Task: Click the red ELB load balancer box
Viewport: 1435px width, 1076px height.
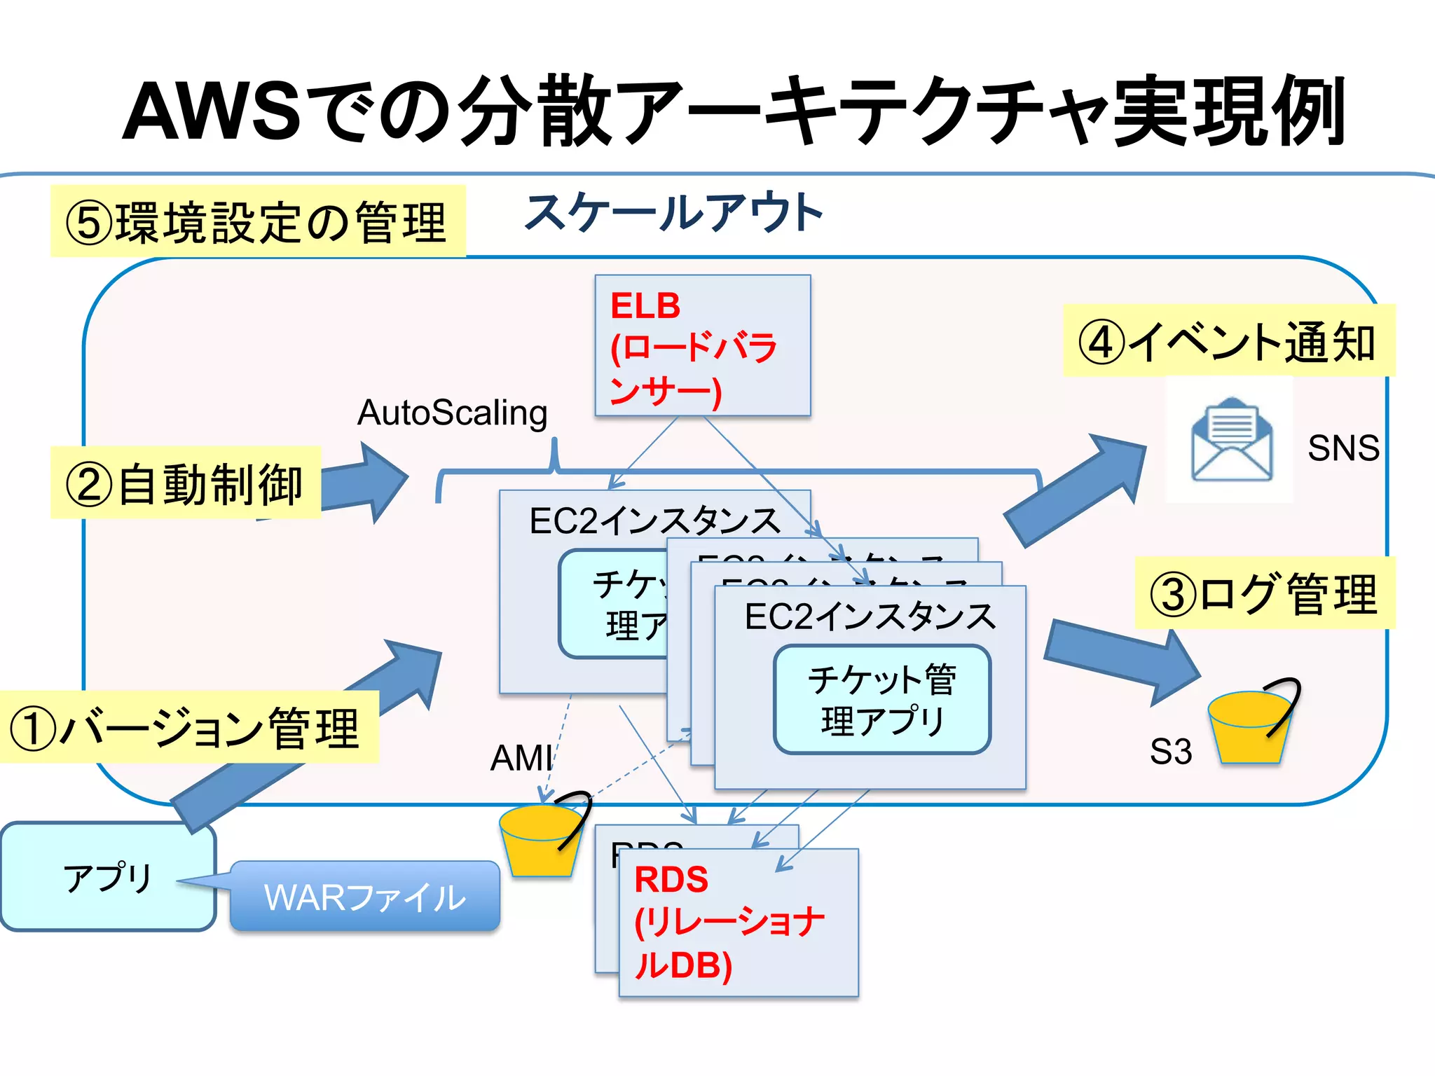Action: point(702,345)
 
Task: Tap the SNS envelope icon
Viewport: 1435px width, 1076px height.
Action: point(1231,440)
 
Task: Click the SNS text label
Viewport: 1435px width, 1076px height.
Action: point(1343,448)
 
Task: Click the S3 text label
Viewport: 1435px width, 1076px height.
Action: point(1170,752)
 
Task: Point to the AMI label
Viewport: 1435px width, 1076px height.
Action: point(521,758)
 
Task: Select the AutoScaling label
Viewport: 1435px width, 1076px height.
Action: point(452,413)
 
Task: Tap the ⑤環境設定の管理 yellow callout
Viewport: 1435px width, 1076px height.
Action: point(257,221)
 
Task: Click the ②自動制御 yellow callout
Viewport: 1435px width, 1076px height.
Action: point(185,483)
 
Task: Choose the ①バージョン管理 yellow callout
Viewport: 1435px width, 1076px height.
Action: point(188,727)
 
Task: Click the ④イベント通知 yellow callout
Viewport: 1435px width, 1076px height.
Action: point(1228,341)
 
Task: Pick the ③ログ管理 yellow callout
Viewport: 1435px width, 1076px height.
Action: point(1264,593)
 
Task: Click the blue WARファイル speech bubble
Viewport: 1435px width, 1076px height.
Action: point(364,897)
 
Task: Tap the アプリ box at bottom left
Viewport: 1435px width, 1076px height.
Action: point(108,877)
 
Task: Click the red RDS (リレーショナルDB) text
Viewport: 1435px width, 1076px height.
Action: point(729,922)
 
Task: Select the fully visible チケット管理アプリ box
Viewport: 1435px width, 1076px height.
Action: point(882,700)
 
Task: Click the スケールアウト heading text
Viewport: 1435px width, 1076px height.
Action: point(673,213)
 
